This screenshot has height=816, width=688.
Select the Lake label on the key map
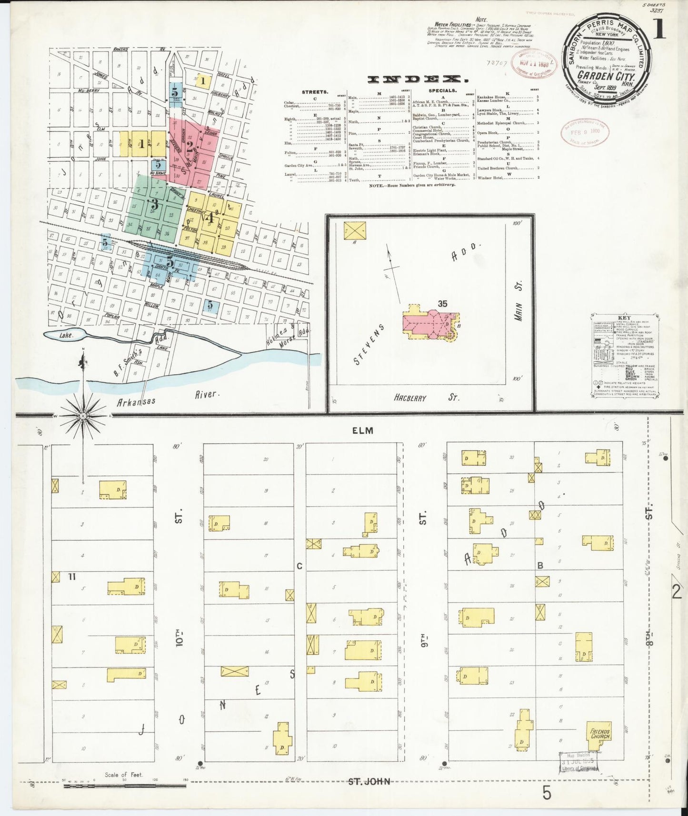(x=66, y=335)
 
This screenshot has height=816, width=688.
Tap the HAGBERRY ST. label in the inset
(x=427, y=397)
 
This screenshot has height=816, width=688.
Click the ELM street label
(x=363, y=430)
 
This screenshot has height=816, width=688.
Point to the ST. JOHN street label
(x=369, y=782)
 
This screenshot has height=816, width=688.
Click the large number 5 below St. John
(x=546, y=794)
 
